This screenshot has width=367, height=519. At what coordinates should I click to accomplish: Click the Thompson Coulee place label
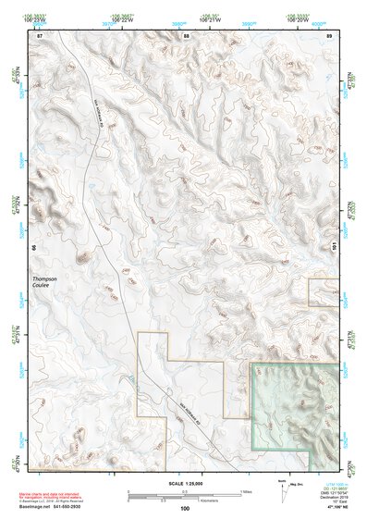point(45,282)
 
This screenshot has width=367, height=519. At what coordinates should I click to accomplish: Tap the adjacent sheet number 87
point(40,35)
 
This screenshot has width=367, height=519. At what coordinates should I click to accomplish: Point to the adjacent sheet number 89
point(330,35)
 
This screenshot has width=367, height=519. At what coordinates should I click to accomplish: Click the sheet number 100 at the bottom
point(185,508)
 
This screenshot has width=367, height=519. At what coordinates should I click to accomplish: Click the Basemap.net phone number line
point(57,506)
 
